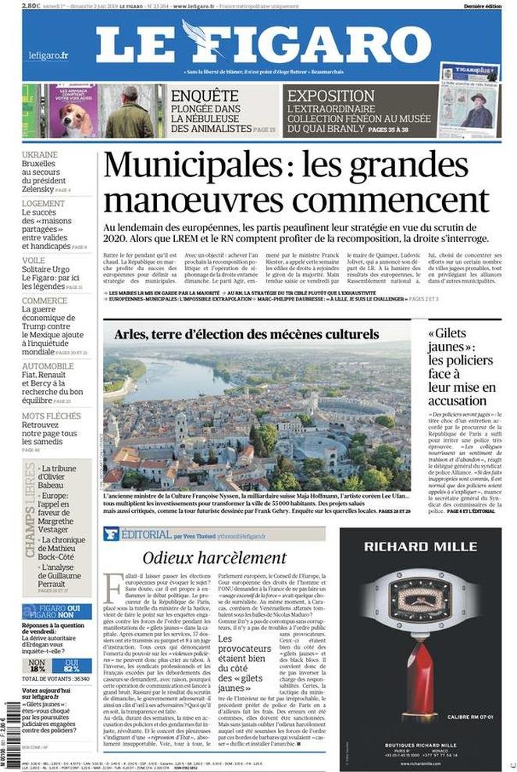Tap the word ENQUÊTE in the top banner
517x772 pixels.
pos(200,97)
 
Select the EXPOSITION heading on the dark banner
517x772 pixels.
pos(331,97)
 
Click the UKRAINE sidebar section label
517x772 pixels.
pos(40,155)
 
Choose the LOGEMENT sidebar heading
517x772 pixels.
pos(43,204)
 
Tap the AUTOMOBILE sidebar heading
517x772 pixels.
pos(48,366)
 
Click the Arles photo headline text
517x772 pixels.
pos(246,334)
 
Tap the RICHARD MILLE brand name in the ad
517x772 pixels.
pos(420,545)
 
